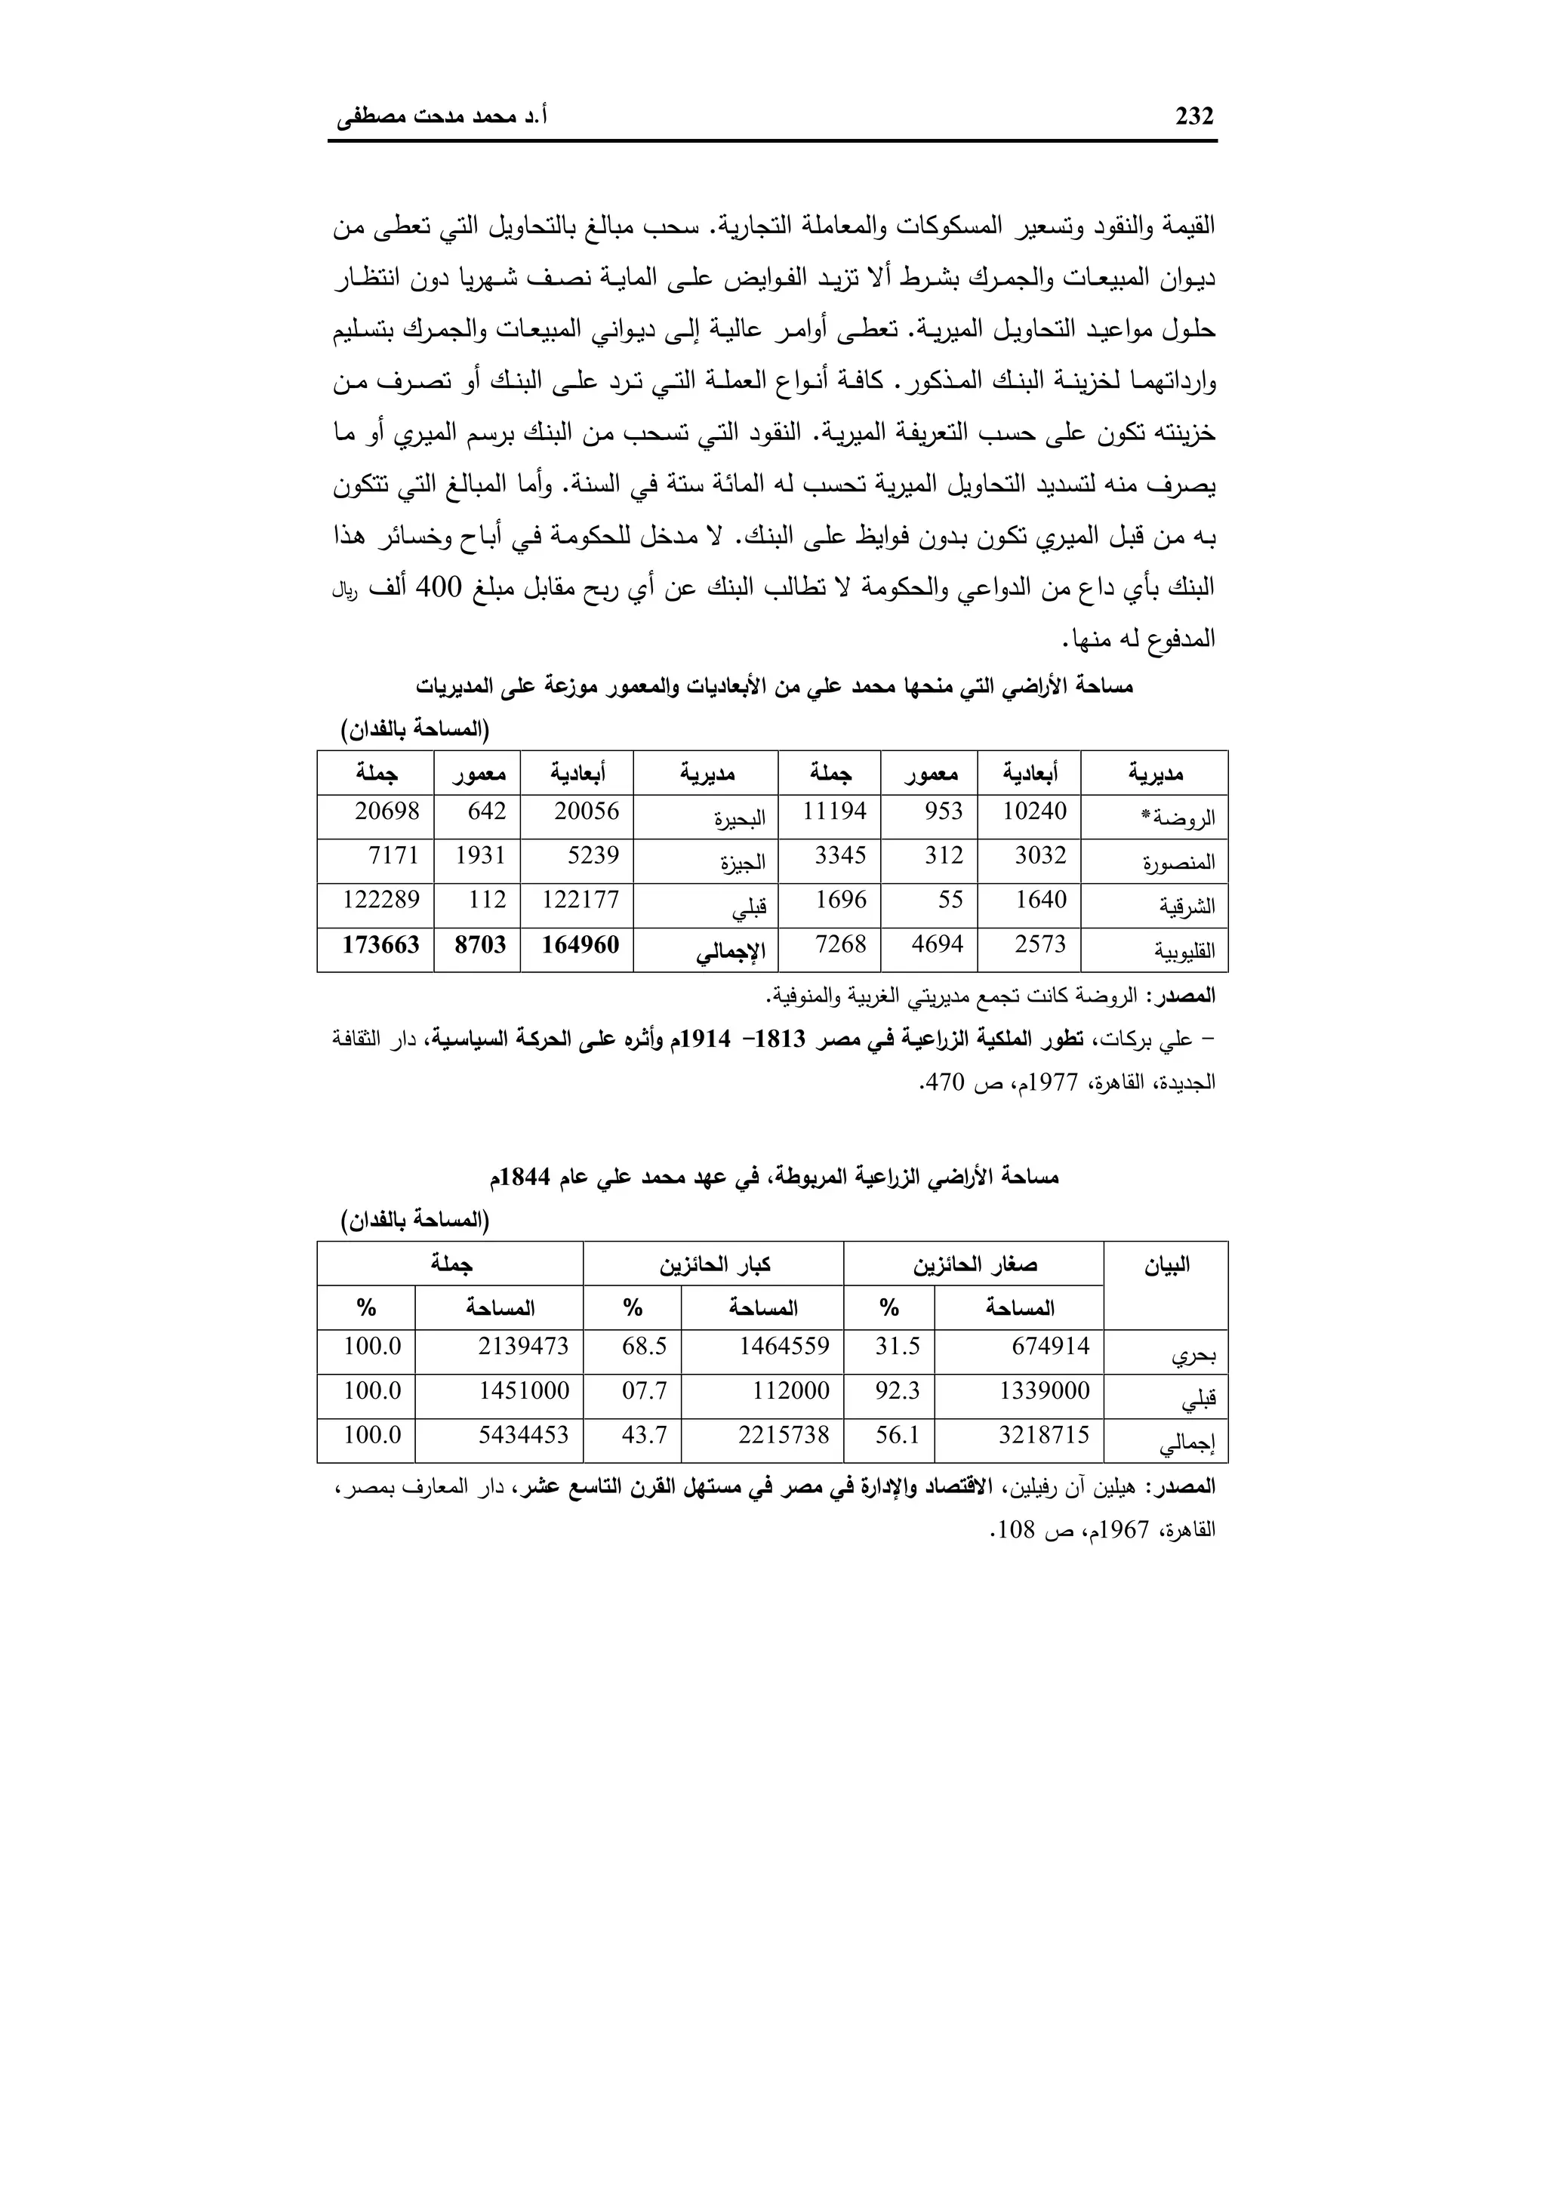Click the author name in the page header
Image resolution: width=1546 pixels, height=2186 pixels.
[x=442, y=118]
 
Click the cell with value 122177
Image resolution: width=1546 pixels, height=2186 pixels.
[x=580, y=900]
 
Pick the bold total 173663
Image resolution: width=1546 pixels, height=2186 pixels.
[x=380, y=944]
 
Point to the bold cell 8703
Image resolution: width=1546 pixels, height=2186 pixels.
[x=480, y=944]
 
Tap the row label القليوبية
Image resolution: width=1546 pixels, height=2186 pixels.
[x=1184, y=951]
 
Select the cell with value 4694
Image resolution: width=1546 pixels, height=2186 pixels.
[x=937, y=944]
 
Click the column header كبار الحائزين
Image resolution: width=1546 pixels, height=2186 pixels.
[x=714, y=1265]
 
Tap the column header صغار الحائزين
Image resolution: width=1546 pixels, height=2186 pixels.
[x=975, y=1265]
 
